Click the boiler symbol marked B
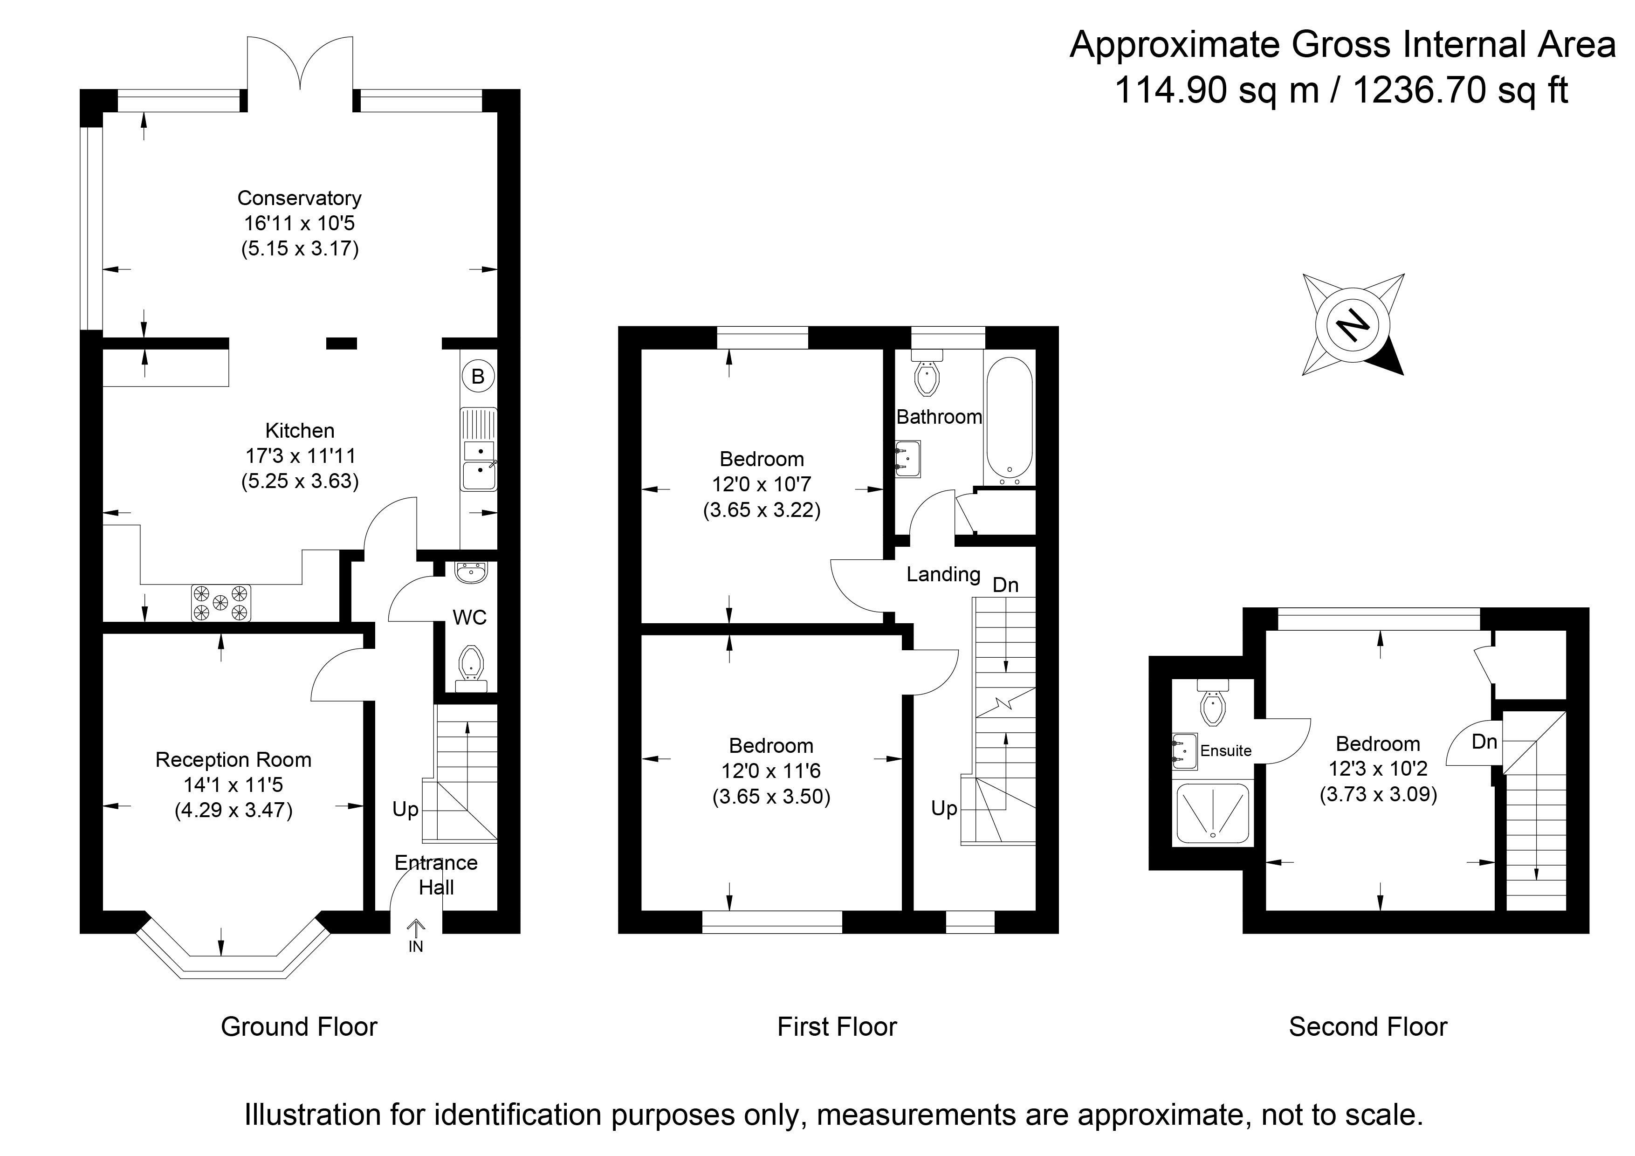pos(478,376)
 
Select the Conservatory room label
pos(299,198)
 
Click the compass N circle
pos(1352,325)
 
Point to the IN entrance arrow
pos(416,934)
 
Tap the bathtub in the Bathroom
pos(1008,417)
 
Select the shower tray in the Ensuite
pos(1212,812)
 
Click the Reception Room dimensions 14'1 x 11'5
pos(233,785)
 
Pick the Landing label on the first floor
pos(943,574)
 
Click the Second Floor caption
pos(1367,1027)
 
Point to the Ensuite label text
pos(1225,751)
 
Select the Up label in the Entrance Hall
pos(405,809)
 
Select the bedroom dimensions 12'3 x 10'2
pos(1377,769)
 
